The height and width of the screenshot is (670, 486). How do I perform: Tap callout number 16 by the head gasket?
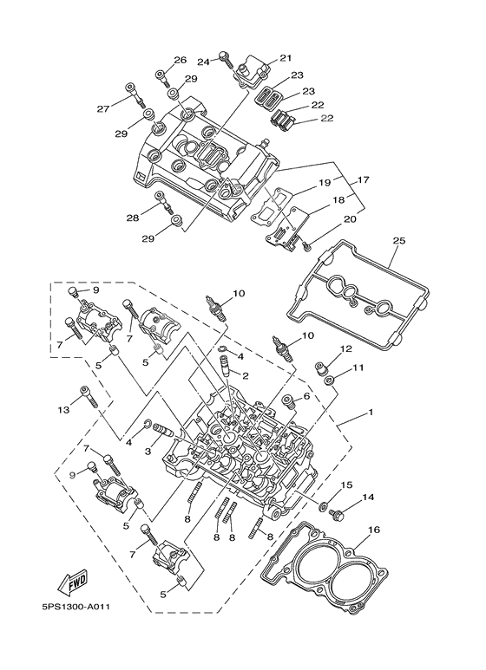374,529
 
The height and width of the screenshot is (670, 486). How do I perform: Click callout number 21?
285,58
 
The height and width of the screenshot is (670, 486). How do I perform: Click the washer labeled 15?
323,506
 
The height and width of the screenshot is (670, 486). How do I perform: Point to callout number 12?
345,349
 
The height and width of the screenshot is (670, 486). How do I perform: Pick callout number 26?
180,61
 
